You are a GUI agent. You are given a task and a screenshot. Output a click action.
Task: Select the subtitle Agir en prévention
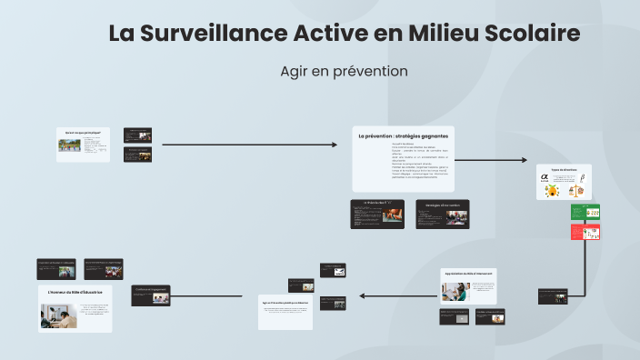click(x=344, y=71)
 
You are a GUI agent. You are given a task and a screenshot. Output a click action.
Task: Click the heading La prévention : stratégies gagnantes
click(x=403, y=136)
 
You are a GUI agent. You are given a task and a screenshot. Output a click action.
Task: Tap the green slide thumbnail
click(x=585, y=212)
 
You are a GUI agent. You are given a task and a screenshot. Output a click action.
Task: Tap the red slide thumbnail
click(x=585, y=232)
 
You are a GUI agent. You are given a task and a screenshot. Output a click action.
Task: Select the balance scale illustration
click(x=575, y=190)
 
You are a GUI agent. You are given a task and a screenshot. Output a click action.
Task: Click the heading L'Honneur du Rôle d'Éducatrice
click(x=75, y=293)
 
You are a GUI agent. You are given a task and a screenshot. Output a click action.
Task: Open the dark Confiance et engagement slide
click(x=151, y=295)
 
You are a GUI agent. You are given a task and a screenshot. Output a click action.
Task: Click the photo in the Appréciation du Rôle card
click(x=455, y=292)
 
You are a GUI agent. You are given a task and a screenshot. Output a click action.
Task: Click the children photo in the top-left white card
click(x=68, y=145)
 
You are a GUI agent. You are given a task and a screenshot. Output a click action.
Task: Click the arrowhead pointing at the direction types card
click(x=524, y=161)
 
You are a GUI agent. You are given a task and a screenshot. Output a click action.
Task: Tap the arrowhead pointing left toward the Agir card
click(x=362, y=295)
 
